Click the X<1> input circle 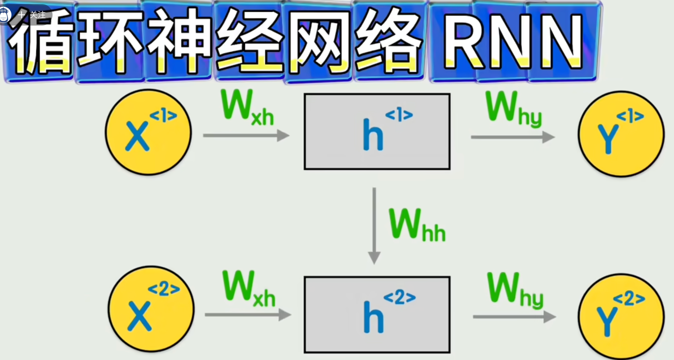(x=148, y=132)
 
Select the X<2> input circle (x=151, y=309)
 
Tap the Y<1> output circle (x=621, y=134)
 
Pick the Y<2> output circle (x=621, y=316)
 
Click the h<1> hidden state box (x=377, y=132)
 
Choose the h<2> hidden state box (x=377, y=315)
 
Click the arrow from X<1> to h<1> (x=246, y=136)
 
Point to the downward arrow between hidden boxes (x=374, y=225)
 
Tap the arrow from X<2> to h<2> (x=247, y=315)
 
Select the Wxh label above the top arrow (x=247, y=108)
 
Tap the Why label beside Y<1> (x=513, y=109)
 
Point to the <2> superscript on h (x=400, y=297)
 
